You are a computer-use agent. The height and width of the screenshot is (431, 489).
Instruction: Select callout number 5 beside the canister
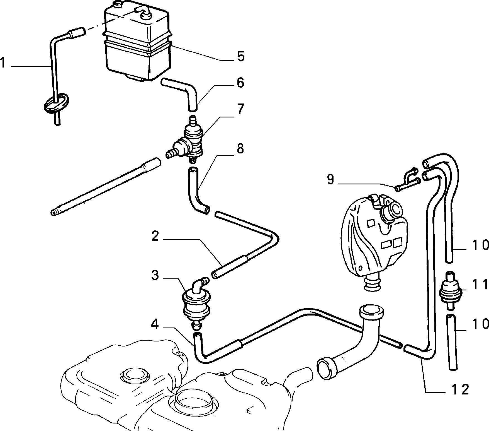[240, 56]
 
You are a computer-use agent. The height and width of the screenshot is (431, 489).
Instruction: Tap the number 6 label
[240, 83]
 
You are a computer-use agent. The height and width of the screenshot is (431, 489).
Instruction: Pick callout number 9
[330, 179]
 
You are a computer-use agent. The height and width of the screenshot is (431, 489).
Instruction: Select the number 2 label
[155, 236]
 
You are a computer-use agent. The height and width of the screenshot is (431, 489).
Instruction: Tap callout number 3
[155, 275]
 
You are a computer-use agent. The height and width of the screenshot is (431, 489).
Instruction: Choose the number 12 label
[460, 389]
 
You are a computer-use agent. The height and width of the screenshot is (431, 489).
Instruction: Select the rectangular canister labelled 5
[137, 42]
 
